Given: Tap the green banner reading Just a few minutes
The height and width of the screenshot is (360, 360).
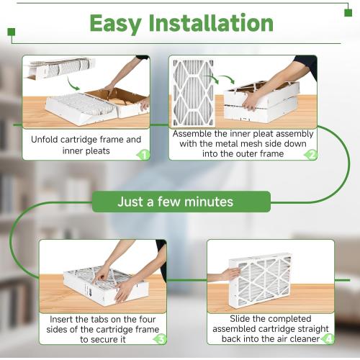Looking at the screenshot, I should click(181, 202).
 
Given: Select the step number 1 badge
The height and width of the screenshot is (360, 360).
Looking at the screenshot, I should click(143, 154).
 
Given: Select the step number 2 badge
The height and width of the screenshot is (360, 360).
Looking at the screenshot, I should click(311, 154).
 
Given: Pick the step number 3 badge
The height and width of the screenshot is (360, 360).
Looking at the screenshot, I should click(161, 338).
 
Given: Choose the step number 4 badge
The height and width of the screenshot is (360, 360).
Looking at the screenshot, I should click(328, 338).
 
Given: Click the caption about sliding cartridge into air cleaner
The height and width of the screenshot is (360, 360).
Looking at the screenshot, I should click(266, 329).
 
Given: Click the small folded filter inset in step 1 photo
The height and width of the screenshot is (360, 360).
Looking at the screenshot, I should click(58, 68).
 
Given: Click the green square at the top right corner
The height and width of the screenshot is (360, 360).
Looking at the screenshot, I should click(348, 12).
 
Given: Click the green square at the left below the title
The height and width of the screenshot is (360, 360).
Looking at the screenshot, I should click(11, 32).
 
